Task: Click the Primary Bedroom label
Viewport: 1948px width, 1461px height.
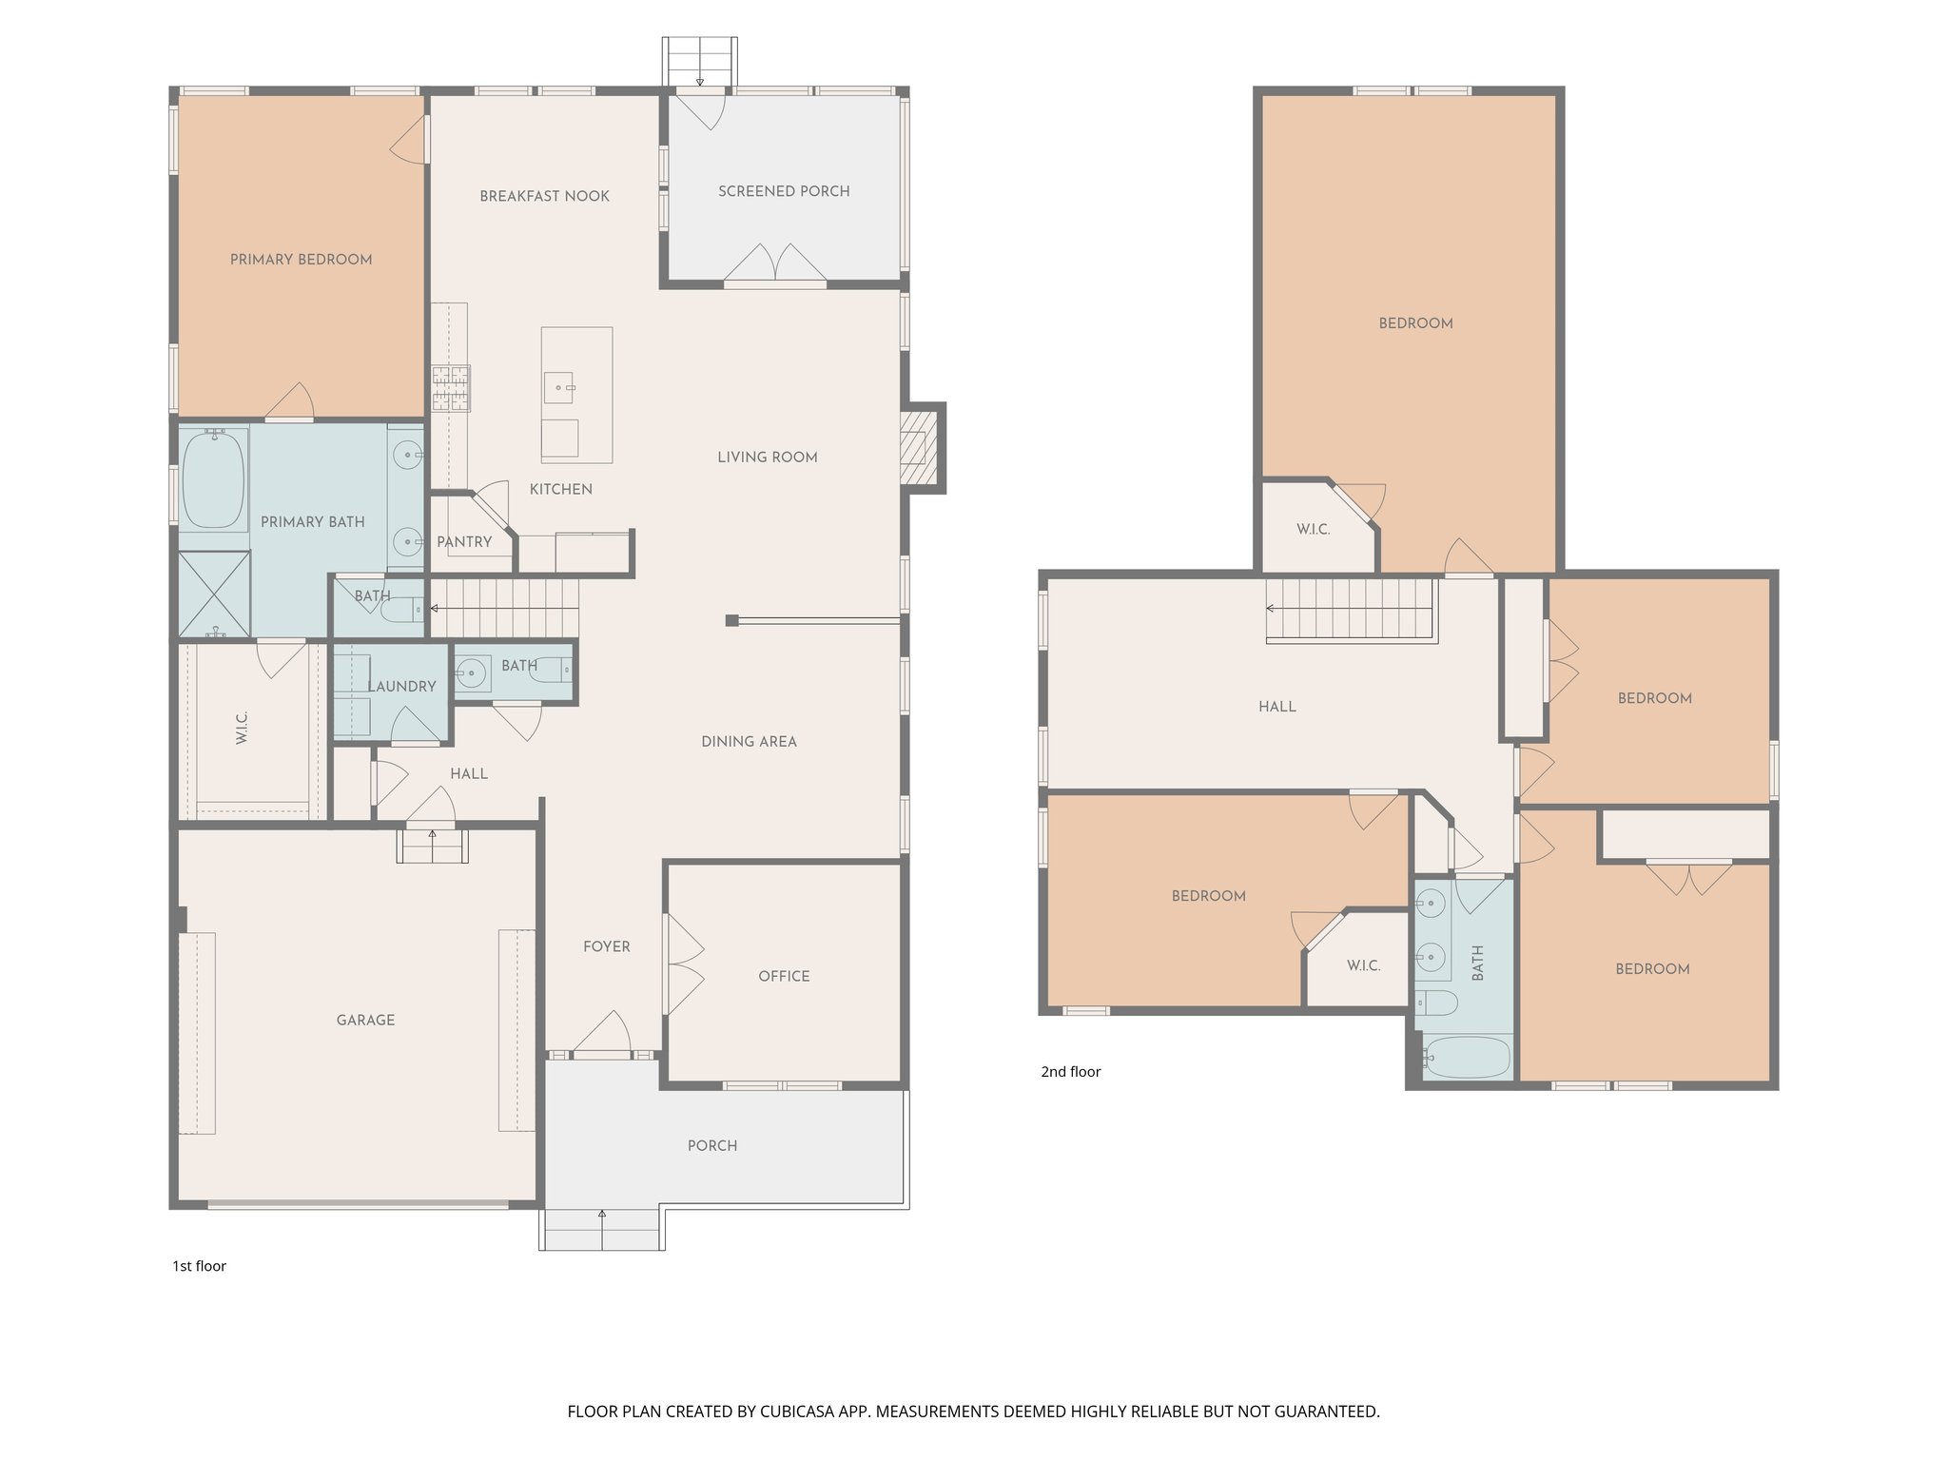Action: tap(301, 260)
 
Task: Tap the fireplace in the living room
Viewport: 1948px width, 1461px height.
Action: tap(919, 447)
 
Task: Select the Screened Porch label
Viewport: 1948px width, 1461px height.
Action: tap(784, 191)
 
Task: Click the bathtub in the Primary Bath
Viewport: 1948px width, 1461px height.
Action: tap(213, 478)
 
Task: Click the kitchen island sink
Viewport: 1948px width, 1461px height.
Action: tap(559, 387)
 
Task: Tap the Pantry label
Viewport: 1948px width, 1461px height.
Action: tap(464, 542)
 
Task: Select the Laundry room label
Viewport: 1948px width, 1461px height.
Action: tap(401, 687)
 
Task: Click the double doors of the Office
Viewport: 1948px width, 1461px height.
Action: tap(683, 964)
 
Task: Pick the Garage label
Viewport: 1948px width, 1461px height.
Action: tap(365, 1021)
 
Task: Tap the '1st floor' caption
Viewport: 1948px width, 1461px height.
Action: tap(199, 1266)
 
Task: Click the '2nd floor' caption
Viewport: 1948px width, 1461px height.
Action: tap(1070, 1072)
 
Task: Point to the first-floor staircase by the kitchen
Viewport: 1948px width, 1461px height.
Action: tap(504, 609)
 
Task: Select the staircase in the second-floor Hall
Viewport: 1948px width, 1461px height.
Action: tap(1349, 610)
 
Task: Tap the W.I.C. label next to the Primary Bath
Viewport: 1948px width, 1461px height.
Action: tap(242, 728)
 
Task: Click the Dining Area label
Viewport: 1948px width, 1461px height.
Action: tap(749, 742)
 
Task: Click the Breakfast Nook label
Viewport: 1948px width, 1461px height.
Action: tap(544, 197)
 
